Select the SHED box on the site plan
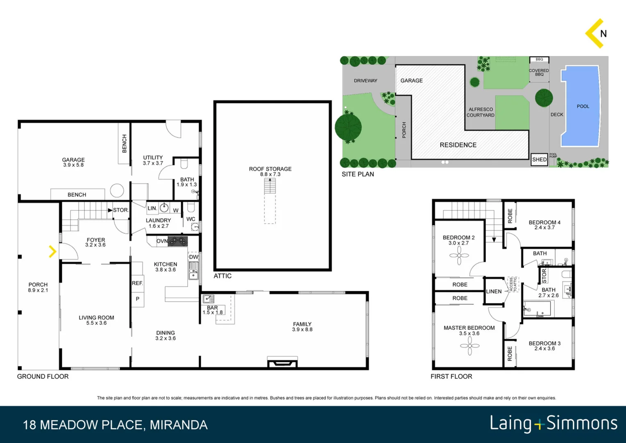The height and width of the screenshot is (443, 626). (x=539, y=160)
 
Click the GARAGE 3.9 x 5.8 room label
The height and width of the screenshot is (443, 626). (x=73, y=162)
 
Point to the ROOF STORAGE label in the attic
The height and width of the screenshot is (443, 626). (x=270, y=171)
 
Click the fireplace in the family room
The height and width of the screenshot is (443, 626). (x=282, y=362)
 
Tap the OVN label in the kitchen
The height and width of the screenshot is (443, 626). (x=162, y=241)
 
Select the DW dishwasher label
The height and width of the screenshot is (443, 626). (x=193, y=257)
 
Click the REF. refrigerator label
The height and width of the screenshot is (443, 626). (x=137, y=283)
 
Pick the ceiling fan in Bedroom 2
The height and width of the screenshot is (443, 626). (x=459, y=256)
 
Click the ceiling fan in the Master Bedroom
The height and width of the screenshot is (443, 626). (x=469, y=346)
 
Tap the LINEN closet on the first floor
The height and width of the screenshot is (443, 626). (x=494, y=291)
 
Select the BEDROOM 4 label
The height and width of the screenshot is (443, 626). (x=544, y=225)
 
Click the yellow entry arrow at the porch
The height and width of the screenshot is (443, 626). (x=52, y=251)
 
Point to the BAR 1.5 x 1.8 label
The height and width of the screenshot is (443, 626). (x=212, y=310)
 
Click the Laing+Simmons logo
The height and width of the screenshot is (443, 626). (x=553, y=424)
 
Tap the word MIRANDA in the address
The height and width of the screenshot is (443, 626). (x=179, y=425)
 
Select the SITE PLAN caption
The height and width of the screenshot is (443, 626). (x=358, y=174)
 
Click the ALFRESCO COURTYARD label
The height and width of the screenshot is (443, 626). (x=481, y=112)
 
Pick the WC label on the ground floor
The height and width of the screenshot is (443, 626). (x=191, y=219)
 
